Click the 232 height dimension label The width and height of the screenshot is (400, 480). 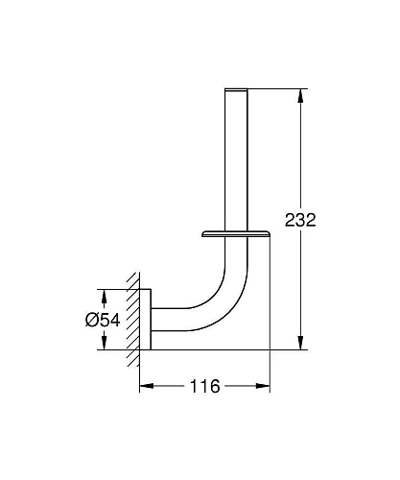click(300, 220)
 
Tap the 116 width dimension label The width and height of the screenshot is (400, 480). click(205, 386)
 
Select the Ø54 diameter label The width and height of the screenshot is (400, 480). click(103, 320)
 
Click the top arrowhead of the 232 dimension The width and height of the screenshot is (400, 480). click(300, 95)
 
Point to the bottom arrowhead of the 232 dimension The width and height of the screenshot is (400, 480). click(300, 343)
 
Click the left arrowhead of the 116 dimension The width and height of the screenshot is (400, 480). click(147, 386)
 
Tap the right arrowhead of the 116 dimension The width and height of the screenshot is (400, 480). click(263, 386)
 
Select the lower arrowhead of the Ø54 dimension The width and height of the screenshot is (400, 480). click(103, 343)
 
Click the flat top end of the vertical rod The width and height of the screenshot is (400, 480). click(236, 89)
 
